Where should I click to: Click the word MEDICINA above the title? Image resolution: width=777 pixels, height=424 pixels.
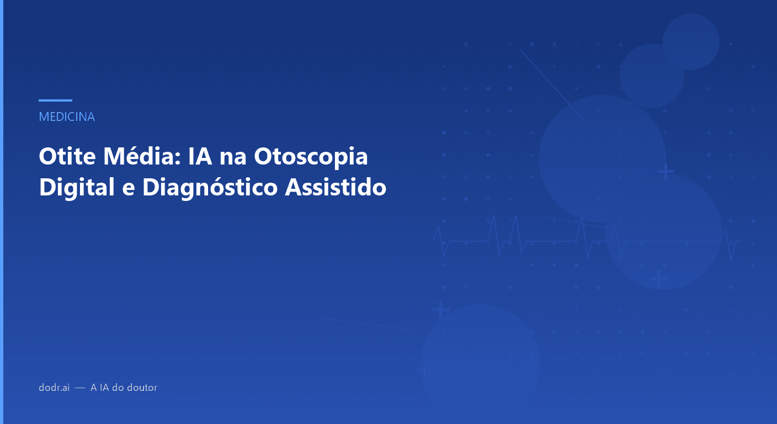pyautogui.click(x=67, y=117)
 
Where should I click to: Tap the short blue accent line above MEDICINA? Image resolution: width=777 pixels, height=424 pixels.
pyautogui.click(x=55, y=100)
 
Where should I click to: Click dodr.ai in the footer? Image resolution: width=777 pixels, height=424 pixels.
pyautogui.click(x=54, y=388)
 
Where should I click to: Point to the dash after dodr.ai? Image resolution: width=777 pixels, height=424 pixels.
pyautogui.click(x=80, y=388)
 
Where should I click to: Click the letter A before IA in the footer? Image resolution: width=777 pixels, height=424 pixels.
pyautogui.click(x=94, y=388)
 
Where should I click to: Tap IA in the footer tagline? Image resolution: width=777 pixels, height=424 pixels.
pyautogui.click(x=104, y=388)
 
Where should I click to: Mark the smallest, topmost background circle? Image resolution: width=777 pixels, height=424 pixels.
pyautogui.click(x=691, y=42)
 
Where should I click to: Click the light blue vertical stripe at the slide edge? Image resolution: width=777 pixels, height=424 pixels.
pyautogui.click(x=2, y=212)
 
